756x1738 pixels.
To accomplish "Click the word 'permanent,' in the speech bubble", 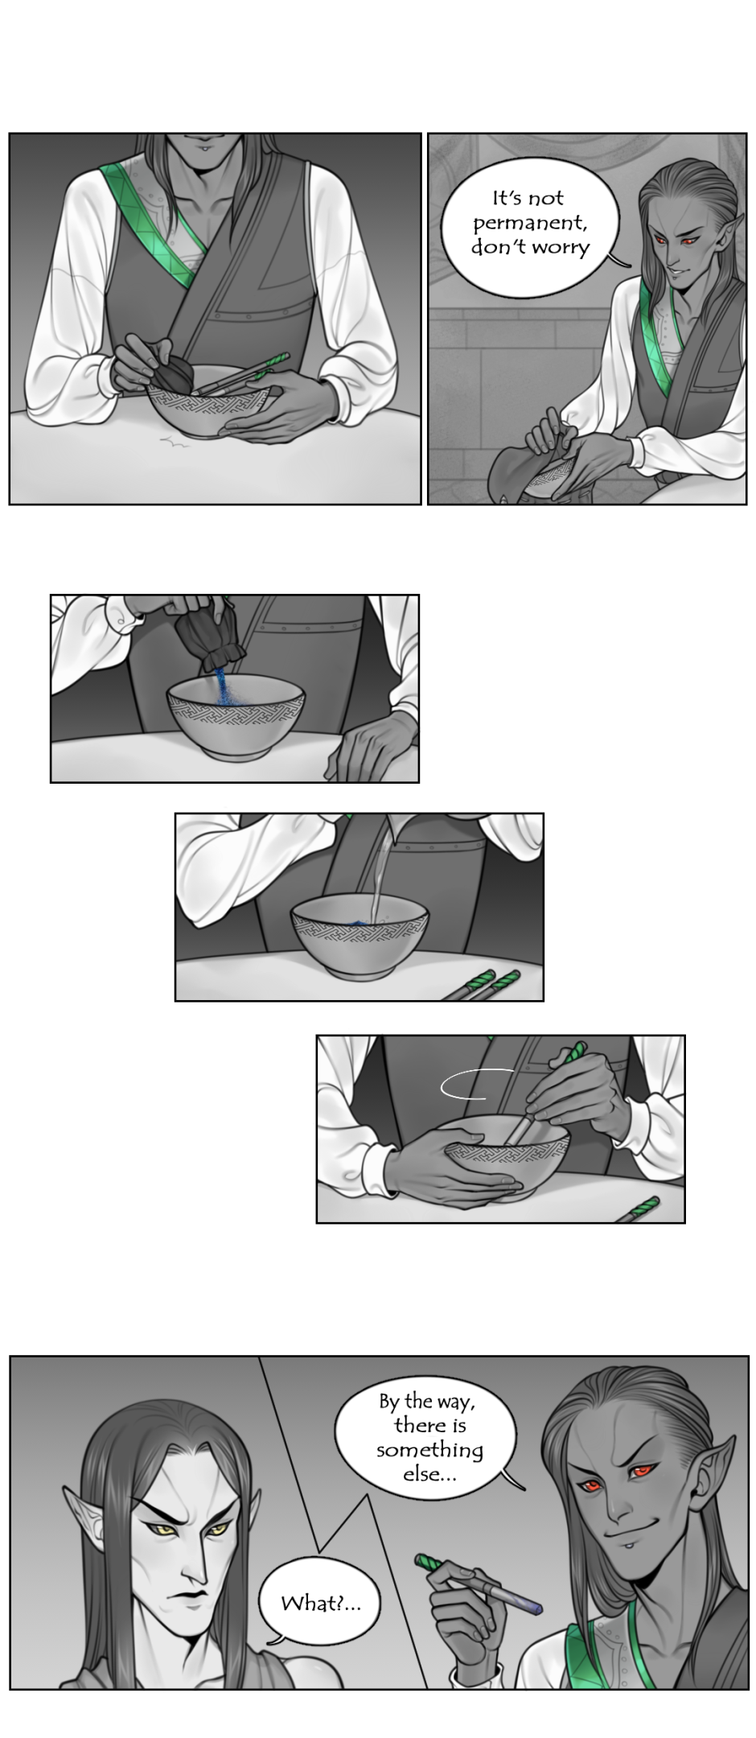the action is click(x=530, y=223).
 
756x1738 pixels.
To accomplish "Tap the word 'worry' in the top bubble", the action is click(x=559, y=247).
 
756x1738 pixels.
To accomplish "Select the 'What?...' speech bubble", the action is click(x=320, y=1604).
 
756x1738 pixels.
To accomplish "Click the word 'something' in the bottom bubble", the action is click(x=429, y=1451).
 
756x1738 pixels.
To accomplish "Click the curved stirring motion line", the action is click(x=475, y=1084).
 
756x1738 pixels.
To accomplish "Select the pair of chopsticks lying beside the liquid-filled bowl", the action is click(x=481, y=985).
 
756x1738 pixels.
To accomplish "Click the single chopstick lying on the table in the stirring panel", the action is click(x=638, y=1209).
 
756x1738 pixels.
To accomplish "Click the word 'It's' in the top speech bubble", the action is click(x=507, y=198).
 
